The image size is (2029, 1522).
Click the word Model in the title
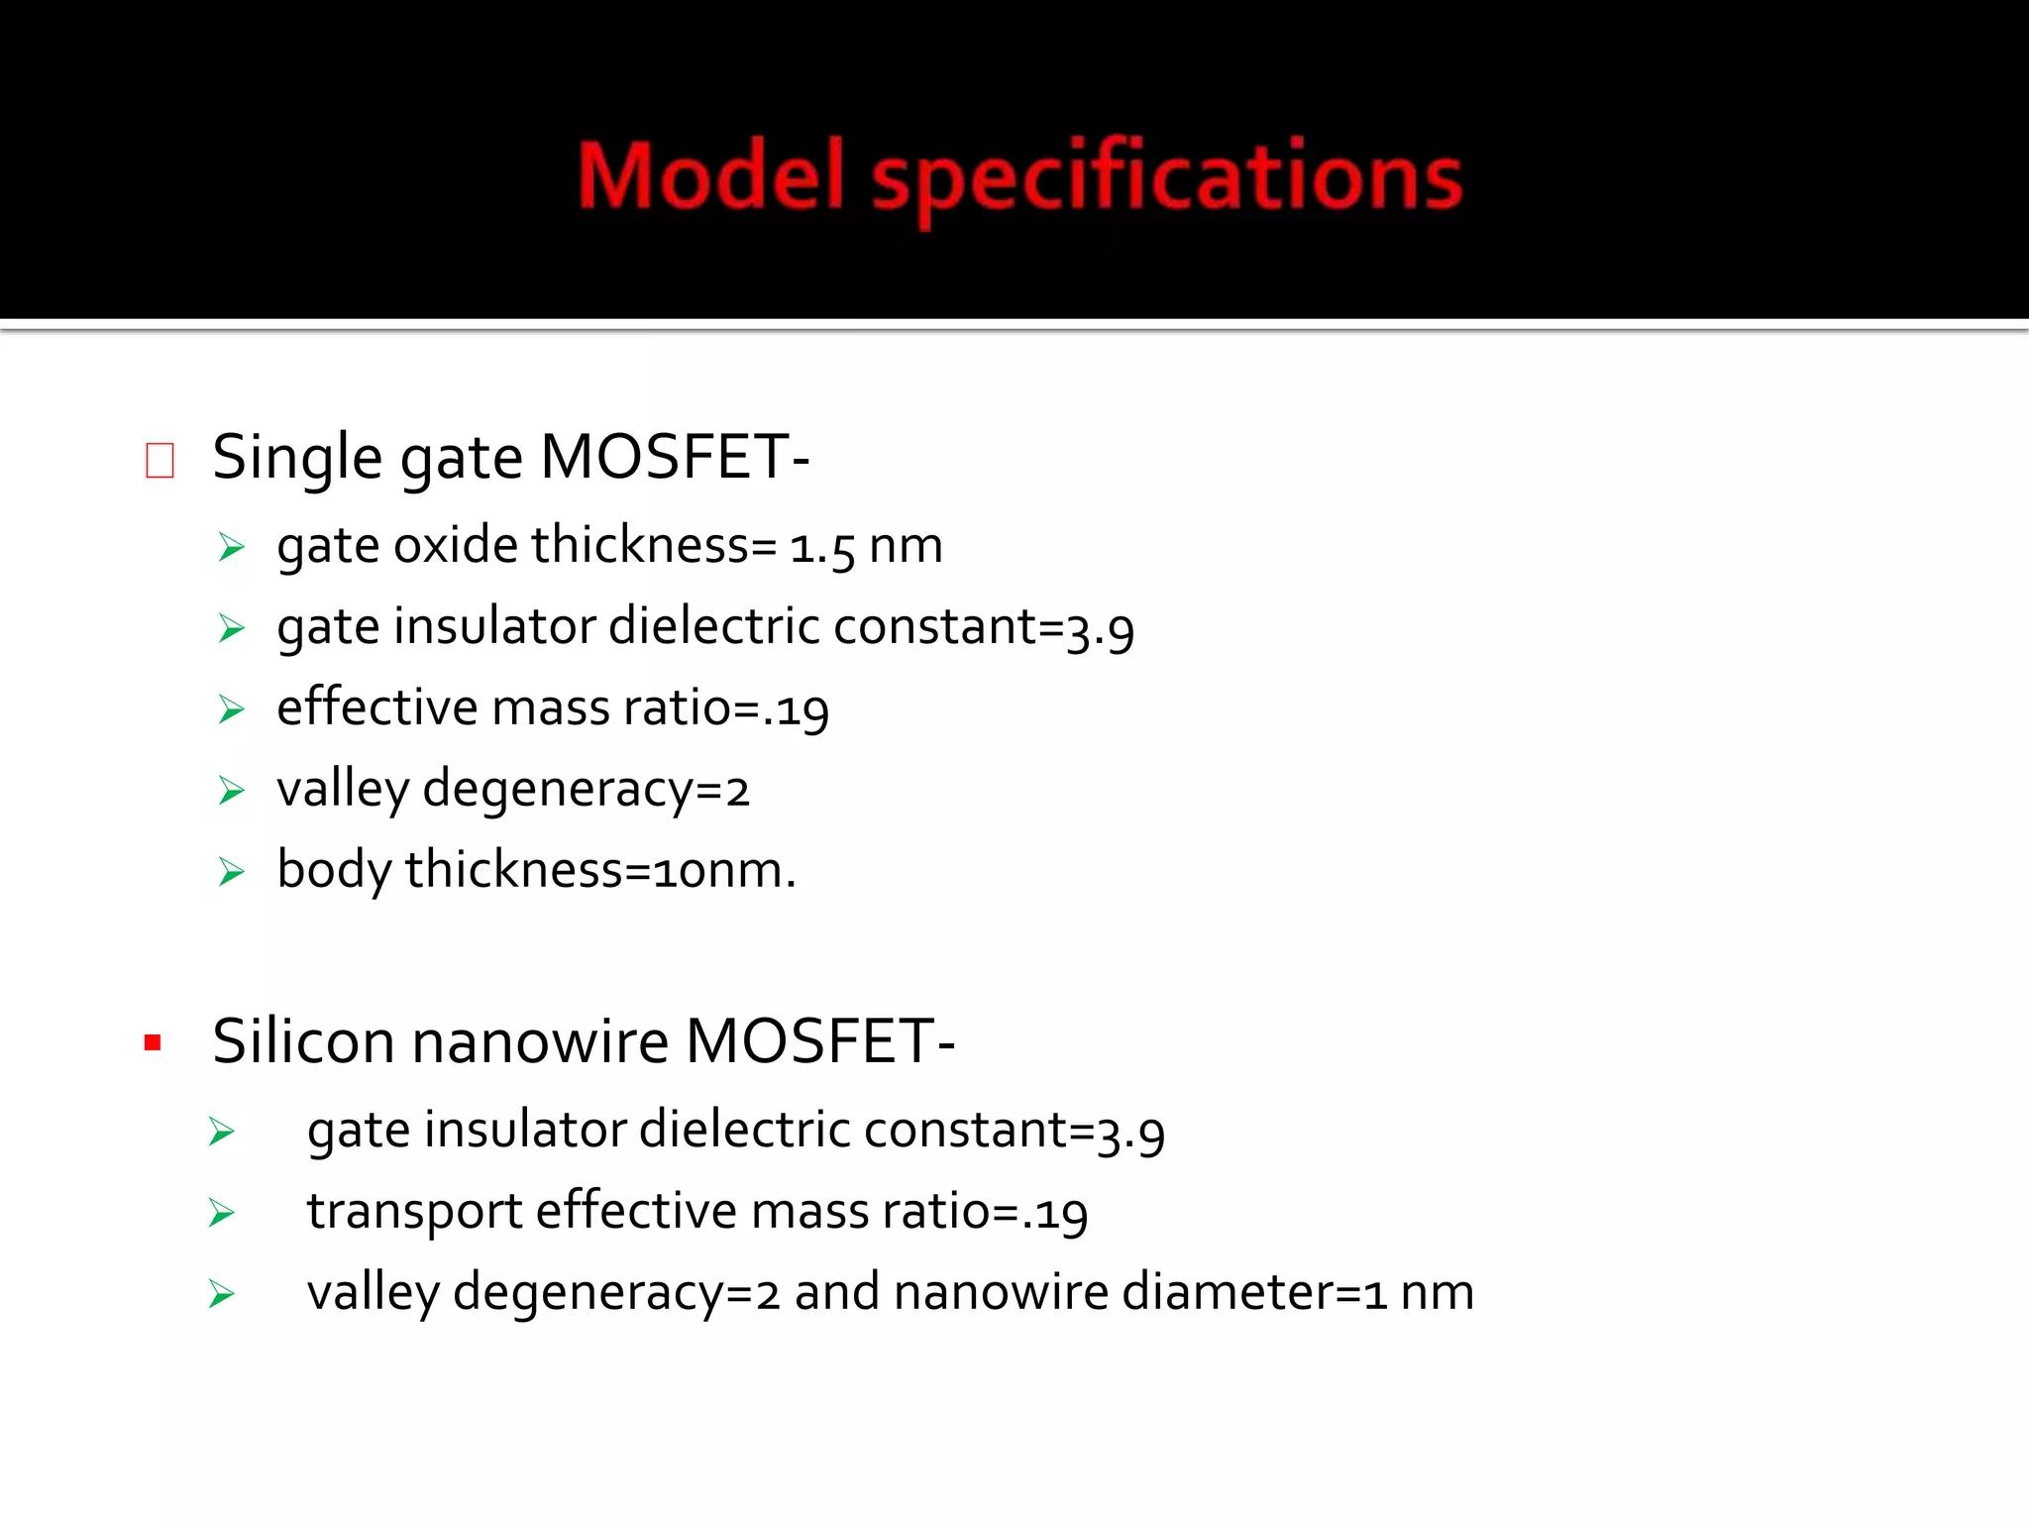pos(710,176)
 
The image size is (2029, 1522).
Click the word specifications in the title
pos(1166,178)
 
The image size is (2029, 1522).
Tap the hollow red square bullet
pos(160,461)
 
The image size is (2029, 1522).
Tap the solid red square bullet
pos(153,1042)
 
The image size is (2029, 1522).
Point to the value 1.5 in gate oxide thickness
pos(821,548)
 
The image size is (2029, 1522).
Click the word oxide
pos(456,546)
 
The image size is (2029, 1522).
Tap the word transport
pos(414,1212)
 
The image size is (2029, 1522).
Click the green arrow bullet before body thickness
pos(232,872)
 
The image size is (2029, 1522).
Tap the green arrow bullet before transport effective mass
pos(222,1213)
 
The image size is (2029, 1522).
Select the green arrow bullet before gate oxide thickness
pos(232,547)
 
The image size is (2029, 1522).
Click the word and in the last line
pos(836,1293)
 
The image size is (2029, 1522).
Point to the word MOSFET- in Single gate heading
pos(675,459)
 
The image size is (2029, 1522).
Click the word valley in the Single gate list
pos(343,790)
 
